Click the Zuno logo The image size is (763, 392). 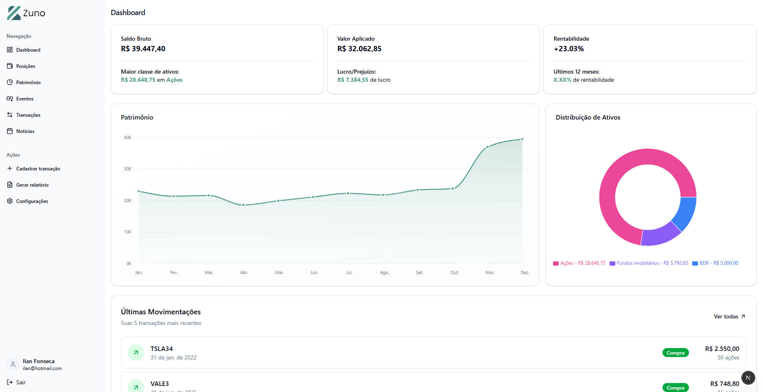click(26, 13)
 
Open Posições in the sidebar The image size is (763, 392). click(25, 66)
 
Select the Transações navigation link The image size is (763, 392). click(28, 115)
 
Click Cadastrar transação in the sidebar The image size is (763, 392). click(38, 169)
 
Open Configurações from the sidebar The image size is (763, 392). click(32, 201)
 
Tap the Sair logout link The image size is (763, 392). click(20, 382)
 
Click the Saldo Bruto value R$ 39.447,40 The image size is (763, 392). click(143, 49)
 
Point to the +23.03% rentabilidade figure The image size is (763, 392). click(568, 49)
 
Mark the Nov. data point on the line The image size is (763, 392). click(488, 147)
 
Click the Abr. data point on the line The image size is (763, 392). click(243, 205)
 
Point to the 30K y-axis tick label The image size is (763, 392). click(127, 169)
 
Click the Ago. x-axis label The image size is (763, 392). click(384, 272)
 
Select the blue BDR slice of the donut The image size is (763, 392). click(686, 212)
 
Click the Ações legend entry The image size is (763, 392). click(579, 264)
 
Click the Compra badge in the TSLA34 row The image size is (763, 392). click(675, 353)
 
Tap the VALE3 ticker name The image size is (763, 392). click(160, 384)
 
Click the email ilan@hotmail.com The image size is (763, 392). click(42, 368)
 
